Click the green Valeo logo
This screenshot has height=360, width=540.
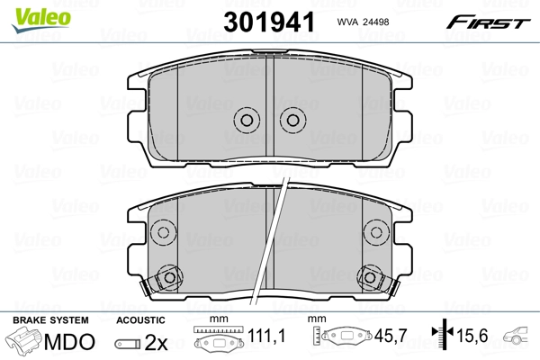point(41,20)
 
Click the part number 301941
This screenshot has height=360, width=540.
point(269,22)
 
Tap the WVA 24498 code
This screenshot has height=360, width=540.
point(363,22)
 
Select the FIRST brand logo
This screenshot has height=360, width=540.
point(488,22)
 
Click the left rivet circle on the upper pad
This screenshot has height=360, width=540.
point(247,121)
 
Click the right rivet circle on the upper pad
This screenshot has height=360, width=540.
point(293,121)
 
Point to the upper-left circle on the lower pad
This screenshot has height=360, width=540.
point(163,232)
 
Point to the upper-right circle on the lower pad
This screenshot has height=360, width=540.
point(376,232)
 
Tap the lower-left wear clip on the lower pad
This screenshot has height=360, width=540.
point(163,279)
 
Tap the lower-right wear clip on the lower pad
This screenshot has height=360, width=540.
point(377,279)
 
